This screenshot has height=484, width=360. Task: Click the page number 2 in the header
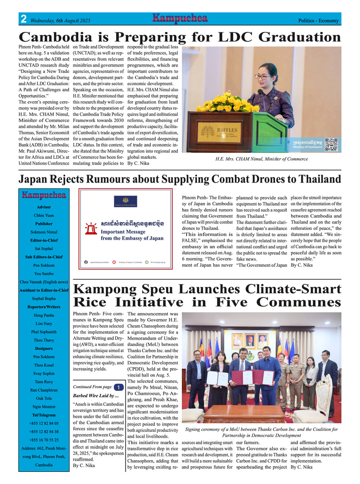[23, 19]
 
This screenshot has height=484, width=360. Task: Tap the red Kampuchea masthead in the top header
[180, 18]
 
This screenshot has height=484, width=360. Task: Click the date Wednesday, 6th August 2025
[61, 21]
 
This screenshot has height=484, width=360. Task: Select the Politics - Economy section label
[318, 21]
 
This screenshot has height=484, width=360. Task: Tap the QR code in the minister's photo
[331, 144]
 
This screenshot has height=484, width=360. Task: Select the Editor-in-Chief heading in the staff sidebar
[44, 240]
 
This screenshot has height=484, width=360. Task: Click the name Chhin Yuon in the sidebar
[44, 215]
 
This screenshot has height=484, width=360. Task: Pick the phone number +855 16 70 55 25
[44, 440]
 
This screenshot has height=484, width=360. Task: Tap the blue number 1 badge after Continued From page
[117, 387]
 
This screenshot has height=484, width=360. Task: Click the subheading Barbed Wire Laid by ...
[95, 396]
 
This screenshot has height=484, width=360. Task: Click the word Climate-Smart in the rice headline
[294, 289]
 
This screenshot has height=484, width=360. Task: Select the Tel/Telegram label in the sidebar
[44, 415]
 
